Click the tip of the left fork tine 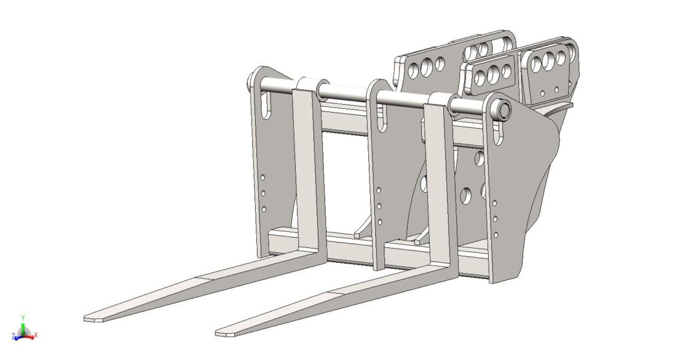[x=91, y=318]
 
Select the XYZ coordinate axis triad [x=24, y=330]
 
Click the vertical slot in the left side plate [x=265, y=105]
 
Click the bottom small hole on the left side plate [x=264, y=208]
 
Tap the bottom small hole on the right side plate [x=495, y=234]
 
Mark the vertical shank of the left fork [x=308, y=175]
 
